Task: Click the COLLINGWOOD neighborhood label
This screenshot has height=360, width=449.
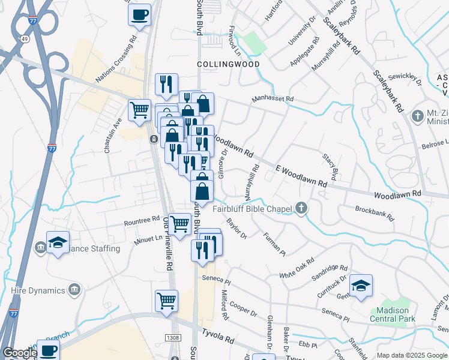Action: [x=228, y=64]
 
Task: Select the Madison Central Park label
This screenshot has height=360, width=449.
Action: [x=393, y=314]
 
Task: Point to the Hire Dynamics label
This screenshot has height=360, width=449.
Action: [x=37, y=290]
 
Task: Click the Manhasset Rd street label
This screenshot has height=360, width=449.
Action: [x=273, y=98]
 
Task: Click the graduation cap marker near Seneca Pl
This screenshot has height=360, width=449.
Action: [x=361, y=286]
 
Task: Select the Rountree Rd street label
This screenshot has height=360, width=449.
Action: [x=142, y=221]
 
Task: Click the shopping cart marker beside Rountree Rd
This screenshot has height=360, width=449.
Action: [x=180, y=224]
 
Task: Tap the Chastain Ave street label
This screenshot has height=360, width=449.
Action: [x=109, y=139]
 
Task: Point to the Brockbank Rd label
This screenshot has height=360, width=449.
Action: [x=374, y=212]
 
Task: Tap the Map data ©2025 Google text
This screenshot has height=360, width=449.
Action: [x=412, y=355]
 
